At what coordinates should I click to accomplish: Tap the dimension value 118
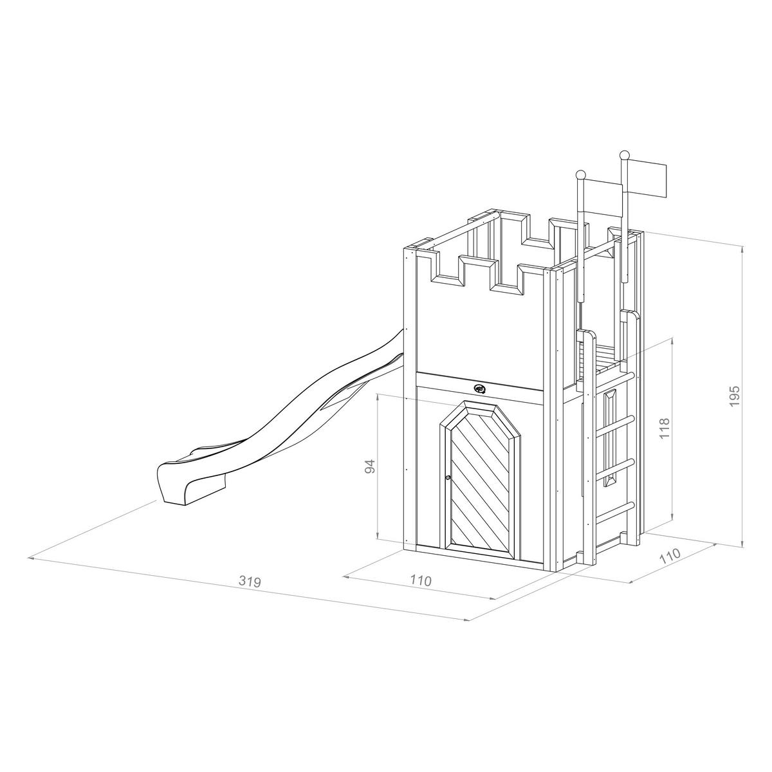[665, 428]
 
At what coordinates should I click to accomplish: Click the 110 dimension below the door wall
[420, 580]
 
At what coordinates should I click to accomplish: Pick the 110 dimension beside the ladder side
[670, 556]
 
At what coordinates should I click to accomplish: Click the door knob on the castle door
[447, 477]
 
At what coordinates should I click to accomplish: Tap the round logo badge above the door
[480, 389]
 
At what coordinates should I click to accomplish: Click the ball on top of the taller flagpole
[623, 155]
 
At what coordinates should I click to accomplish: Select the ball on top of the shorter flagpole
[580, 174]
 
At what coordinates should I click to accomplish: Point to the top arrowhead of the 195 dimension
[742, 248]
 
